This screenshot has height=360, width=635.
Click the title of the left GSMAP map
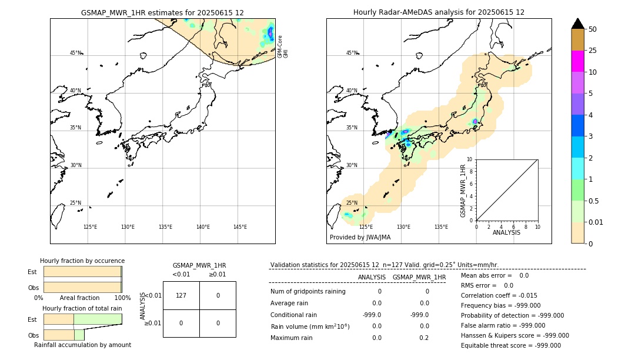click(162, 12)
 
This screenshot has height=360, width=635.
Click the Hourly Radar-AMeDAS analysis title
click(439, 12)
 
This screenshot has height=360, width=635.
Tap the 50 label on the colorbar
click(593, 29)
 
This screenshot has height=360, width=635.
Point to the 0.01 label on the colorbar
click(596, 222)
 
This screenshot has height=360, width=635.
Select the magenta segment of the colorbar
click(577, 61)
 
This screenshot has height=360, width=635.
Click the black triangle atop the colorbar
click(577, 24)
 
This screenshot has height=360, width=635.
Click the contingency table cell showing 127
click(181, 295)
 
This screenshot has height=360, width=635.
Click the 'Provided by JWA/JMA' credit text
click(360, 238)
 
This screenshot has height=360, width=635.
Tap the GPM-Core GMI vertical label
click(283, 46)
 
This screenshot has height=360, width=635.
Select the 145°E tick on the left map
click(240, 227)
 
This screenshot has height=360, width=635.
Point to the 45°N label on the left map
click(76, 53)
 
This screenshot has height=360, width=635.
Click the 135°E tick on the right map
click(441, 227)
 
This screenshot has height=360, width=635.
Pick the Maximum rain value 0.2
click(424, 338)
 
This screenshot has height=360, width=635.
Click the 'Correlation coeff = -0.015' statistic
click(499, 295)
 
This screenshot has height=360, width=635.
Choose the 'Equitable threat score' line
click(510, 345)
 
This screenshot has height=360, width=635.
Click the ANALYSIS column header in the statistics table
click(372, 277)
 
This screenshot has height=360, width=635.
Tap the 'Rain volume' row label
click(310, 326)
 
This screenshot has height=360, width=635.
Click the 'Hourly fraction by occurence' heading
click(82, 261)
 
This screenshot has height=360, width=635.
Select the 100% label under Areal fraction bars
click(122, 298)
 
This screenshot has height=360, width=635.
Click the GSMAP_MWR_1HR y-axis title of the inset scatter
click(463, 190)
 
